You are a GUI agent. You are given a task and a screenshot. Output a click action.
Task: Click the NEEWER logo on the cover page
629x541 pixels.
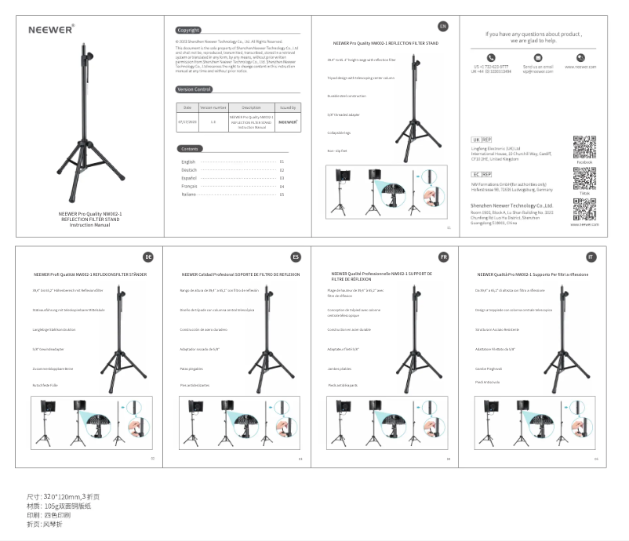pyautogui.click(x=51, y=30)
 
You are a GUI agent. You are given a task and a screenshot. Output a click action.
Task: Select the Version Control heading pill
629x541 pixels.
pyautogui.click(x=195, y=89)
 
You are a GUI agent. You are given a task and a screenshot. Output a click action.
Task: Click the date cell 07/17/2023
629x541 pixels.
pyautogui.click(x=187, y=122)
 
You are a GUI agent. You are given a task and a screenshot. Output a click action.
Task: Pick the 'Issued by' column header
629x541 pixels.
pyautogui.click(x=288, y=107)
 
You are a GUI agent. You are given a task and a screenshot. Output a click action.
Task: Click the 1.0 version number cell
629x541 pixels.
pyautogui.click(x=213, y=122)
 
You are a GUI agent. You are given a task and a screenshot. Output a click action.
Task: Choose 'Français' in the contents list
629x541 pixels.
pyautogui.click(x=191, y=187)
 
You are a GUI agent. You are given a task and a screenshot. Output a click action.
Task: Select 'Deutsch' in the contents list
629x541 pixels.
pyautogui.click(x=189, y=170)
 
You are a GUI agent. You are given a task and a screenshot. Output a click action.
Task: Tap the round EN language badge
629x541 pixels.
pyautogui.click(x=442, y=27)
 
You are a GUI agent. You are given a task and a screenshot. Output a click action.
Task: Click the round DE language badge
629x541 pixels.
pyautogui.click(x=147, y=257)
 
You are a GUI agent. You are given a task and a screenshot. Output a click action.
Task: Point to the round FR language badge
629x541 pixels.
pyautogui.click(x=443, y=257)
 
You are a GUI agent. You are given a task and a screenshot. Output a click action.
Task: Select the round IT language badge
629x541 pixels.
pyautogui.click(x=591, y=257)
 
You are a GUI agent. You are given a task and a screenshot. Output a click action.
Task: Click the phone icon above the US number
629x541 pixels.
pyautogui.click(x=491, y=57)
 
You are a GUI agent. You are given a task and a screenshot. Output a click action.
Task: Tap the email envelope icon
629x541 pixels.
pyautogui.click(x=538, y=57)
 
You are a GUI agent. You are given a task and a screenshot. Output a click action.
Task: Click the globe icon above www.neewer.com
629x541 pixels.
pyautogui.click(x=580, y=57)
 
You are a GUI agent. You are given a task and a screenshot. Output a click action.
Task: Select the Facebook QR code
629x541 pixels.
pyautogui.click(x=584, y=147)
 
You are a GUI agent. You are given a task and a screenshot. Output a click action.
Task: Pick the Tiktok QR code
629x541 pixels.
pyautogui.click(x=584, y=179)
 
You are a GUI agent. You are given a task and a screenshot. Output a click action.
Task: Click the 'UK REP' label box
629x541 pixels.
pyautogui.click(x=481, y=139)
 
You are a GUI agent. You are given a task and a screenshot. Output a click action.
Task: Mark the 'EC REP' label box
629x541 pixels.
pyautogui.click(x=481, y=174)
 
